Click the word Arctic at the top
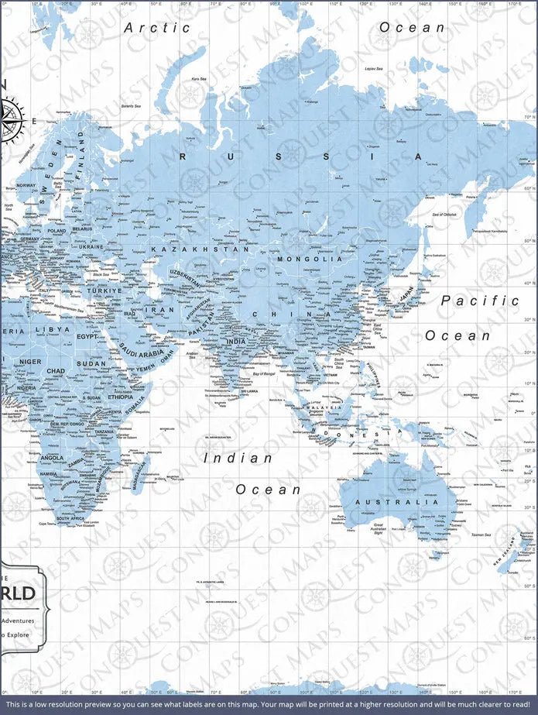click(x=157, y=27)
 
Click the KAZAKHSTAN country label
click(x=200, y=249)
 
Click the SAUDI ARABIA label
click(x=140, y=352)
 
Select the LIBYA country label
click(x=57, y=329)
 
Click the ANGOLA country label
click(x=51, y=458)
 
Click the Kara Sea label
click(x=198, y=78)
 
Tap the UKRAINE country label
click(x=91, y=246)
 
